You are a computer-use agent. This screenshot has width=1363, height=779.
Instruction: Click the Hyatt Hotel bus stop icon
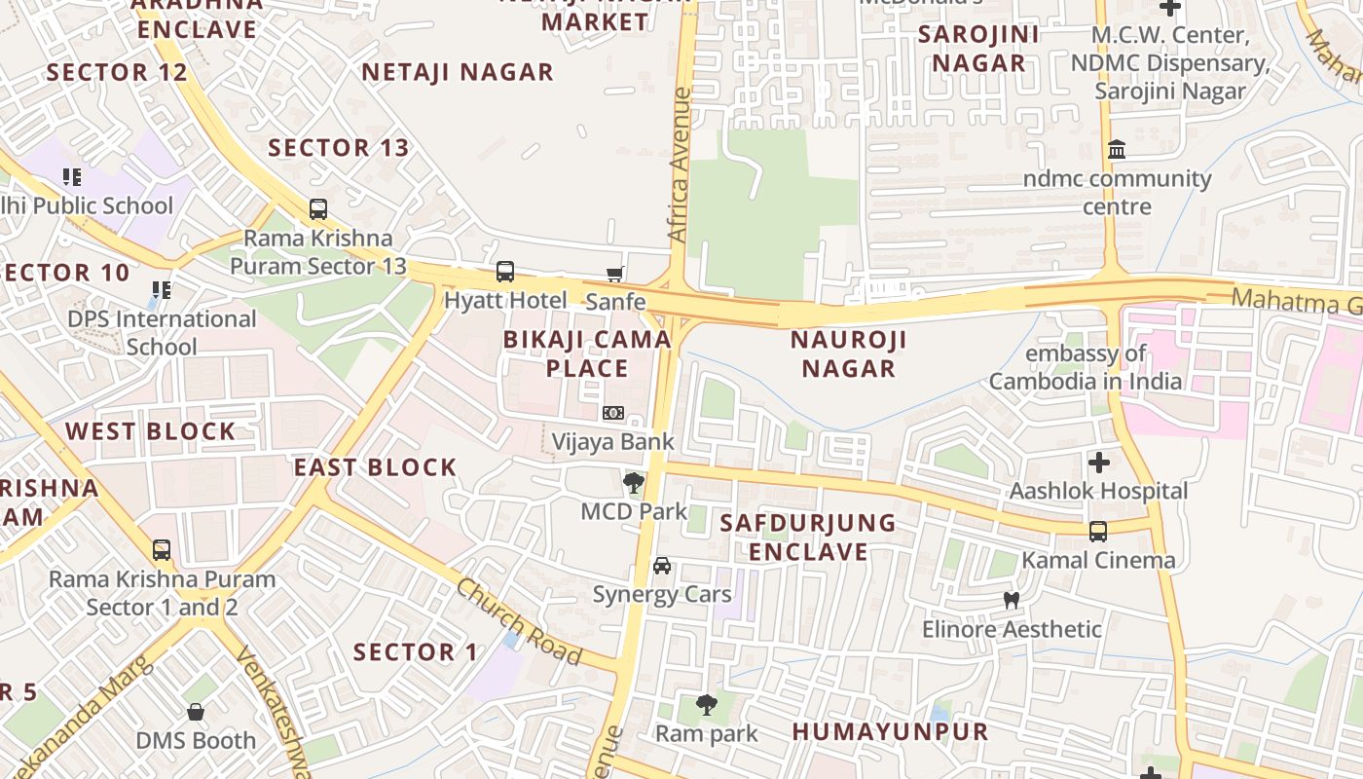pyautogui.click(x=504, y=272)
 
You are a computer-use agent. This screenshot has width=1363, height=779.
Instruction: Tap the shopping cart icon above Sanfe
pyautogui.click(x=614, y=275)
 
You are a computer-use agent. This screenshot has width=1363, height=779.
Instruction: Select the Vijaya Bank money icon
pyautogui.click(x=612, y=413)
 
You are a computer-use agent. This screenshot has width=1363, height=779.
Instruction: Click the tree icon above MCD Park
pyautogui.click(x=634, y=482)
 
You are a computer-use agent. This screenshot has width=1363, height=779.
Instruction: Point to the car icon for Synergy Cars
pyautogui.click(x=662, y=566)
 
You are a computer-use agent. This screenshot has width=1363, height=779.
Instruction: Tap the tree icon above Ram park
pyautogui.click(x=707, y=704)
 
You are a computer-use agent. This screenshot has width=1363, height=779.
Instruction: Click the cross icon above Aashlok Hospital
pyautogui.click(x=1099, y=463)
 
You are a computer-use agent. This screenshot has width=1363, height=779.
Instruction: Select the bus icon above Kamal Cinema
pyautogui.click(x=1098, y=532)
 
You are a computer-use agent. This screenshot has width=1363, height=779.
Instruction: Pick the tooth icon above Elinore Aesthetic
pyautogui.click(x=1012, y=601)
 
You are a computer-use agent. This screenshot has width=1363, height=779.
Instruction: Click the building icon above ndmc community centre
pyautogui.click(x=1117, y=150)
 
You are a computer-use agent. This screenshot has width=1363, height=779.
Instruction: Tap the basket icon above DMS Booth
pyautogui.click(x=196, y=712)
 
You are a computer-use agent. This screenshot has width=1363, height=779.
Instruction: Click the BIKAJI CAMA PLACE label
pyautogui.click(x=587, y=353)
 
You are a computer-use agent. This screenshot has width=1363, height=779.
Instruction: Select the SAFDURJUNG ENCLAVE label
pyautogui.click(x=794, y=537)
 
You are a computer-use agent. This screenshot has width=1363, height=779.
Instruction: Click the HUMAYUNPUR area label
pyautogui.click(x=890, y=731)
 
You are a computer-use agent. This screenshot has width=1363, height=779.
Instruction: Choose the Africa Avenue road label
pyautogui.click(x=679, y=166)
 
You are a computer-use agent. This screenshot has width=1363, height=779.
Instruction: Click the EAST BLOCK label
pyautogui.click(x=376, y=467)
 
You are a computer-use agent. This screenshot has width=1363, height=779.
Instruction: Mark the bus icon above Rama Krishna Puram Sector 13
pyautogui.click(x=318, y=209)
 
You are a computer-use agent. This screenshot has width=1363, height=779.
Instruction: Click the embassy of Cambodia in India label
pyautogui.click(x=1086, y=367)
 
